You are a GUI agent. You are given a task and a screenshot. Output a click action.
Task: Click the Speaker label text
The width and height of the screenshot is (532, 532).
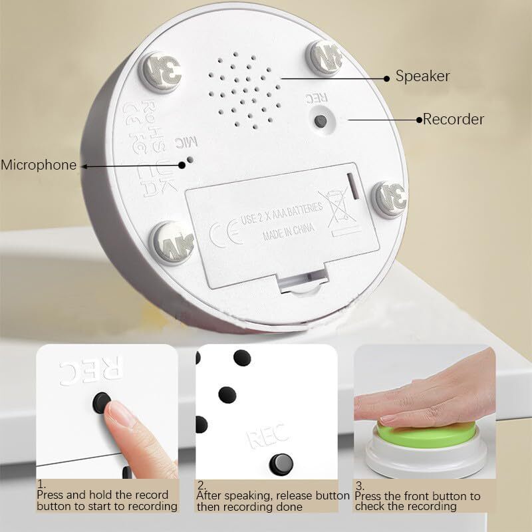(422, 76)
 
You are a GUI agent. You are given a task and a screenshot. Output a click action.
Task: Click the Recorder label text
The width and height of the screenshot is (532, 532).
(454, 120)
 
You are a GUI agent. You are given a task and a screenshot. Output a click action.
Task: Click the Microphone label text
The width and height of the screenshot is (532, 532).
(39, 165)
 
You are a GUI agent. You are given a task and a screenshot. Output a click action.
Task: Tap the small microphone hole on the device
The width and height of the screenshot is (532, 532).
(191, 160)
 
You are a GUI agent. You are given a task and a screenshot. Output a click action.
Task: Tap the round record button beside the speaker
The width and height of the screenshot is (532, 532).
(321, 120)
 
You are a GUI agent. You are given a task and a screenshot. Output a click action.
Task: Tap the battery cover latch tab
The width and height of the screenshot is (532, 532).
(303, 279)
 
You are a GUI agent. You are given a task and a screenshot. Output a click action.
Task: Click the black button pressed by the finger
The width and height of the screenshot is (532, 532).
(102, 402)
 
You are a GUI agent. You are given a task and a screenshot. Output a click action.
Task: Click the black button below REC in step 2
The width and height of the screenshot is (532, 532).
(281, 463)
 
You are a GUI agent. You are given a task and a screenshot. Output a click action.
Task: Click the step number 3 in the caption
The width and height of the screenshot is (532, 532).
(358, 485)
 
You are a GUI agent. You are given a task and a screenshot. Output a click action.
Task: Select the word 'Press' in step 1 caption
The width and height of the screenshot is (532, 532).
(50, 495)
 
